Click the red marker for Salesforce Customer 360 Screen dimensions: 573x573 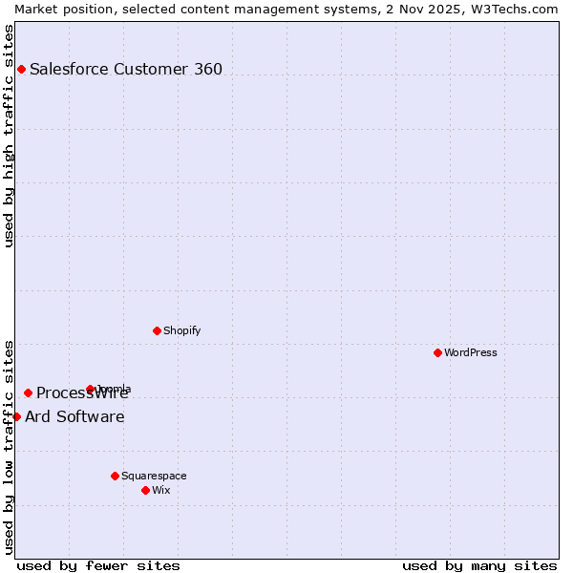pyautogui.click(x=21, y=69)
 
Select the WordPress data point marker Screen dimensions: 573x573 pyautogui.click(x=437, y=352)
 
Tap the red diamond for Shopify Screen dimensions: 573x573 pyautogui.click(x=157, y=330)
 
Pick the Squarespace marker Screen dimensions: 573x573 pyautogui.click(x=115, y=476)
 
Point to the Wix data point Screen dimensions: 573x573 pyautogui.click(x=145, y=490)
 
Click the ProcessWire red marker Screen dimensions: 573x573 pyautogui.click(x=28, y=393)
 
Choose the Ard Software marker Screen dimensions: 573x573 pyautogui.click(x=16, y=416)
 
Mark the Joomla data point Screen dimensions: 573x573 pyautogui.click(x=90, y=389)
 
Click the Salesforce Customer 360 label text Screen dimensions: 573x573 pyautogui.click(x=125, y=69)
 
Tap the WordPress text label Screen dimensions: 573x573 pyautogui.click(x=470, y=352)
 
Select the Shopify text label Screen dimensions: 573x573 pyautogui.click(x=181, y=330)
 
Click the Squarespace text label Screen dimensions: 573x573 pyautogui.click(x=154, y=476)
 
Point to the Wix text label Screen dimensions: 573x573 pyautogui.click(x=160, y=490)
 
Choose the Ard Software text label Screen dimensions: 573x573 pyautogui.click(x=74, y=416)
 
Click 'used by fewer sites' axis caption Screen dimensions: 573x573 pyautogui.click(x=98, y=565)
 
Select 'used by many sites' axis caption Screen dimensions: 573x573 pyautogui.click(x=479, y=565)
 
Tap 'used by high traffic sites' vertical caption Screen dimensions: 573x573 pyautogui.click(x=9, y=136)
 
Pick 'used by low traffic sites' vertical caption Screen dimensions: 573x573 pyautogui.click(x=9, y=446)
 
